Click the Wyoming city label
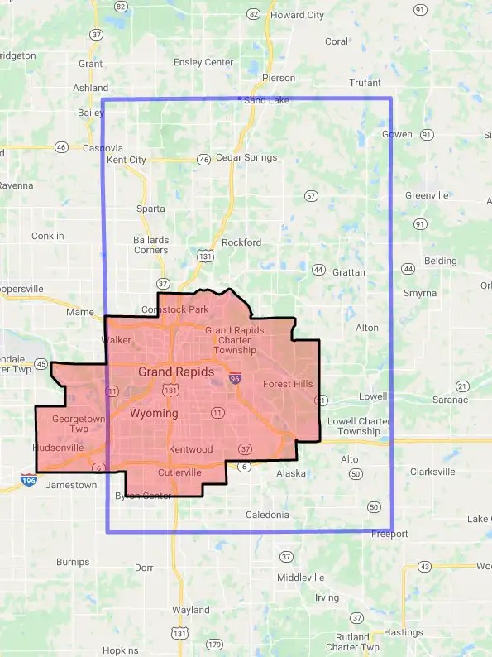tap(154, 413)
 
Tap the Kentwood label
tap(190, 449)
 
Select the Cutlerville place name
tap(179, 472)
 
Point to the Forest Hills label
tap(288, 384)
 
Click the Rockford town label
tap(241, 242)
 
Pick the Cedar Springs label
tap(246, 157)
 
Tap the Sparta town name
tap(150, 209)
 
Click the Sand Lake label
tap(266, 100)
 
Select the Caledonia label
tap(268, 515)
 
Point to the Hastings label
tap(404, 633)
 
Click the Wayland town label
tap(191, 610)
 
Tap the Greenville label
tap(427, 195)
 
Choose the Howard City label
tap(298, 15)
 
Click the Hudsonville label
tap(58, 448)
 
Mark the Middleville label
tap(301, 577)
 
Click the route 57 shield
tap(311, 196)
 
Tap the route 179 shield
tap(215, 645)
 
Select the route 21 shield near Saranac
tap(462, 386)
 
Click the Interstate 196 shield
tap(29, 479)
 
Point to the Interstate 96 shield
tap(236, 378)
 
